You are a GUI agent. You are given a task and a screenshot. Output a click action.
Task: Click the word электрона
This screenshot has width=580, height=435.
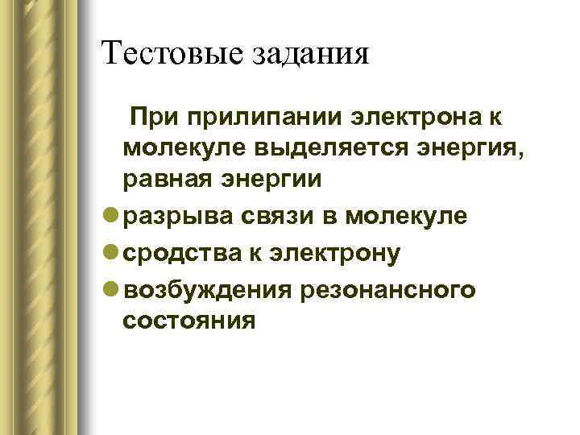pyautogui.click(x=416, y=119)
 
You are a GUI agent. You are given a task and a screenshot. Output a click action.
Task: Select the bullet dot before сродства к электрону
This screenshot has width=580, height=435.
pyautogui.click(x=110, y=253)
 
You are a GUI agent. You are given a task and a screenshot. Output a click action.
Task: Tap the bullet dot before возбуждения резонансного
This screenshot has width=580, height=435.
pyautogui.click(x=110, y=289)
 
